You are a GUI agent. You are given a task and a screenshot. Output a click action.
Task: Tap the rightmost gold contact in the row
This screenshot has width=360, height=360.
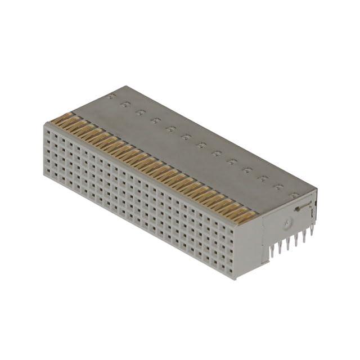coord(247,217)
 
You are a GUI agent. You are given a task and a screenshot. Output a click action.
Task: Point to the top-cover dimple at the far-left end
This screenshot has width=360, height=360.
coord(113,97)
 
